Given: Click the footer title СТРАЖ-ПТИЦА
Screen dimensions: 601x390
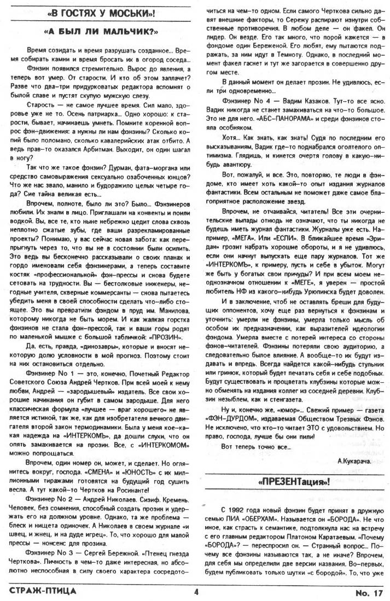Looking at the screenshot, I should pyautogui.click(x=42, y=591).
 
